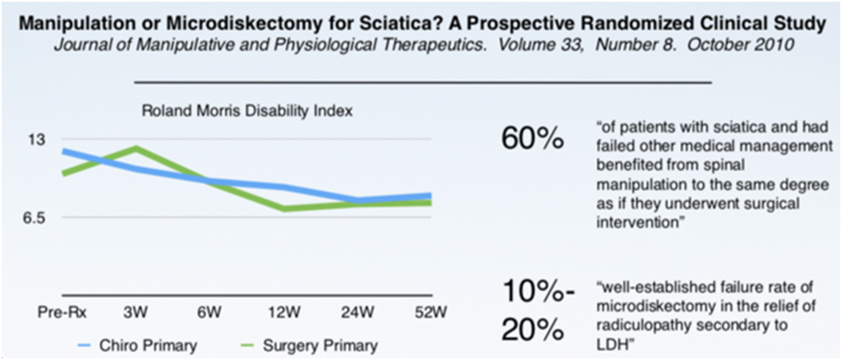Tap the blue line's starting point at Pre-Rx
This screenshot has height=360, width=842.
click(63, 151)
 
